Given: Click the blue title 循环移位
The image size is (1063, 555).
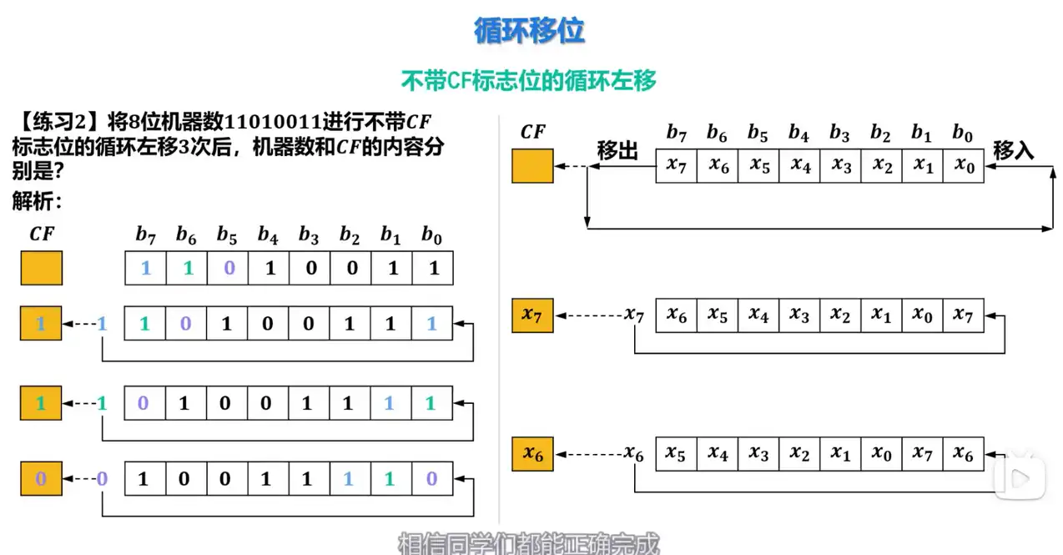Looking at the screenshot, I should click(529, 31).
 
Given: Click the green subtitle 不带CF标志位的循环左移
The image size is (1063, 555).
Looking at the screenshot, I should click(529, 80).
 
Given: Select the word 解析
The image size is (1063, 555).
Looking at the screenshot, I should click(35, 201).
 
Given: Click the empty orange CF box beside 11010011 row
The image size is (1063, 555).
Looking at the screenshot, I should click(41, 270).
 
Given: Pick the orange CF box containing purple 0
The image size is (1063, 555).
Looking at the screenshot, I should click(41, 479).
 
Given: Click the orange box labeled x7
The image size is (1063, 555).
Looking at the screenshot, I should click(532, 315).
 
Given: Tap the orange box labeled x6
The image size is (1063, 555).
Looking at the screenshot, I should click(532, 453).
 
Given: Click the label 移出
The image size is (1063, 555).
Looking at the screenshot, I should click(617, 151).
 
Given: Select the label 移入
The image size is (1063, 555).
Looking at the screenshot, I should click(1013, 151).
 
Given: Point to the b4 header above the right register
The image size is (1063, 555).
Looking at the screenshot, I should click(799, 133).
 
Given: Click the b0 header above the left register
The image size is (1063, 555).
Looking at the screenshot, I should click(431, 236).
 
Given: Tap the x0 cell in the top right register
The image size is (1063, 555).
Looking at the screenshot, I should click(964, 165).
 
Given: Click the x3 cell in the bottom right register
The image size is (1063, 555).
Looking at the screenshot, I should click(758, 453).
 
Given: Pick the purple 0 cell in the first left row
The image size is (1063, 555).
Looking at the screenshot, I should click(227, 270).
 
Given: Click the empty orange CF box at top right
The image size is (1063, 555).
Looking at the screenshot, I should click(532, 165).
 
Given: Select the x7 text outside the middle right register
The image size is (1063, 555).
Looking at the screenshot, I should click(634, 315).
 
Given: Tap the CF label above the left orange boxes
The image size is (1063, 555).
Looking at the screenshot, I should click(41, 235).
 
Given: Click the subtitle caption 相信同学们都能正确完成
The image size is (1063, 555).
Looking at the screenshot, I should click(529, 545).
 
